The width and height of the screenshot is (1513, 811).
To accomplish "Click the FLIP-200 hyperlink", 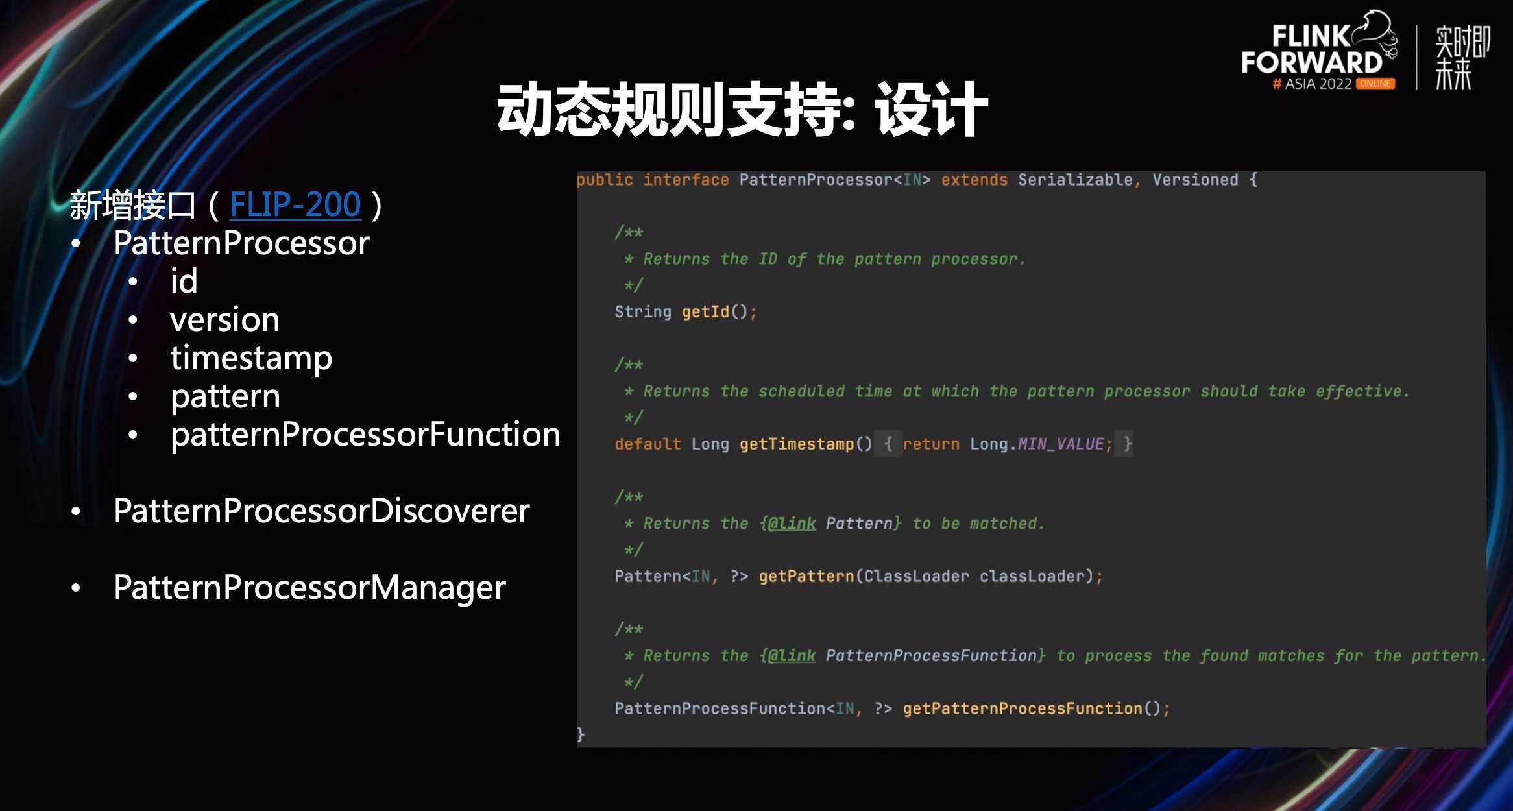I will coord(295,205).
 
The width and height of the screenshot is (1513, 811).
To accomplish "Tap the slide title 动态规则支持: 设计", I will coord(742,110).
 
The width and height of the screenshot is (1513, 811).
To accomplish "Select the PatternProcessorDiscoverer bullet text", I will coord(321,511).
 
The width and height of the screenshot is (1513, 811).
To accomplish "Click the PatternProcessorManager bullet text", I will coord(309,588).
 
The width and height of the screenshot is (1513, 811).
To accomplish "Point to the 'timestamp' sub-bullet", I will coord(251,358).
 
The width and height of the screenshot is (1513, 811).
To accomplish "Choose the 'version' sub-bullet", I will coord(224,320).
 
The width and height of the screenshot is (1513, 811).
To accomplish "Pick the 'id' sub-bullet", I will coord(184,282).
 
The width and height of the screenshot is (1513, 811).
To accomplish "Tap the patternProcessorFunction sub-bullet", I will coord(365,435).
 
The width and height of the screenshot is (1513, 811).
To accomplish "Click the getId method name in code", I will coord(705,312).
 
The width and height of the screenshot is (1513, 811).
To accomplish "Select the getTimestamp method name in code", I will coord(796,444).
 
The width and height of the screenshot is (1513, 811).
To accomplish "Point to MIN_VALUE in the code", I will coord(1060,444).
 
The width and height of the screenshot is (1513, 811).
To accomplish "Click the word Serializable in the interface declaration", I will coord(1075,180).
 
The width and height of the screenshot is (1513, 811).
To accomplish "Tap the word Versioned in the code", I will coord(1195,180).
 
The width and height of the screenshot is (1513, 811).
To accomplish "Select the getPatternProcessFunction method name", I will coord(1022,708).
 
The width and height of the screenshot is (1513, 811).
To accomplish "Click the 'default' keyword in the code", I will coord(648,444).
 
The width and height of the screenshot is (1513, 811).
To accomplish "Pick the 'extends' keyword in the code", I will coord(974,180).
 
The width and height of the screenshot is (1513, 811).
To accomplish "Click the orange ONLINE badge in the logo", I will coord(1375,84).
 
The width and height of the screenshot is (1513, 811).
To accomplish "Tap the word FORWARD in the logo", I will coord(1312,63).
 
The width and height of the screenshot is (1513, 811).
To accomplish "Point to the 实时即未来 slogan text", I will coord(1462,57).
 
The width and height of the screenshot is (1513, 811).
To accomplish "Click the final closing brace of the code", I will coord(581,734).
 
